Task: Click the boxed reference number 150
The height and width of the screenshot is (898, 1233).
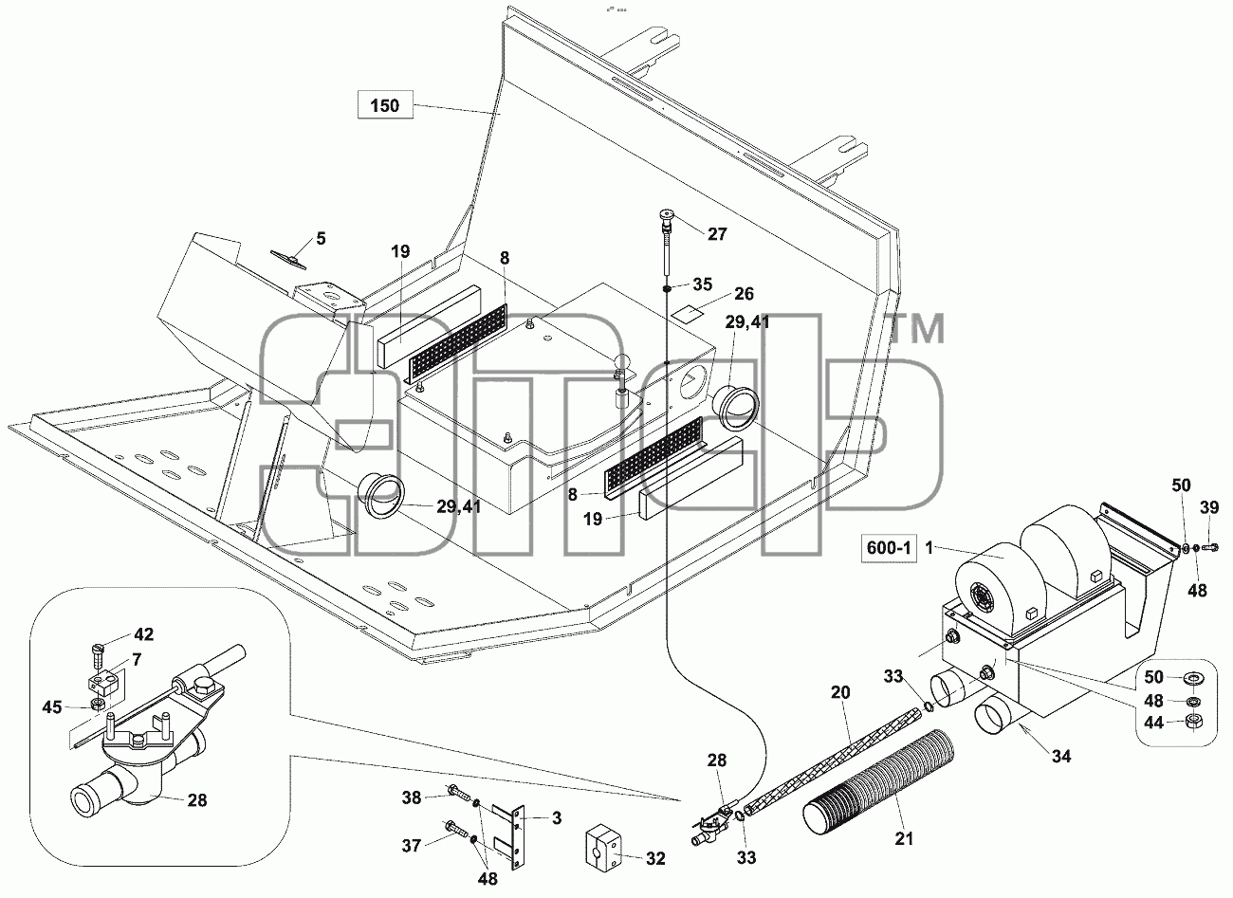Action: click(x=385, y=105)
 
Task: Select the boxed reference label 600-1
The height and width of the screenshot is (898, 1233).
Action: click(x=889, y=548)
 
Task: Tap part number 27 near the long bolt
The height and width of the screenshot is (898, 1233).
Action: click(x=717, y=234)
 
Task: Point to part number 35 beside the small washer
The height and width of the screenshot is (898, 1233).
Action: click(x=703, y=284)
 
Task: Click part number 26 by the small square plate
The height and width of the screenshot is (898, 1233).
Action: click(x=744, y=294)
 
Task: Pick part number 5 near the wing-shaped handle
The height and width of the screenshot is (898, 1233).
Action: click(x=321, y=238)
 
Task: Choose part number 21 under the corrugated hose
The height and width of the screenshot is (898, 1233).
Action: click(x=904, y=838)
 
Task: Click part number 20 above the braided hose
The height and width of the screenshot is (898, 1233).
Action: click(x=840, y=692)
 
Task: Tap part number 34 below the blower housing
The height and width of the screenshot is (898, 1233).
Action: click(x=1061, y=757)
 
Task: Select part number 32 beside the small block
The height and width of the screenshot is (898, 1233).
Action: click(x=655, y=858)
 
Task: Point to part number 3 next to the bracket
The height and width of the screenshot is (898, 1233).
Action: click(x=557, y=818)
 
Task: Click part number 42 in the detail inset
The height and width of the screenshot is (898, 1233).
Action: click(x=143, y=634)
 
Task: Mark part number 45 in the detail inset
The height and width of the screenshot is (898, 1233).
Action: click(x=52, y=707)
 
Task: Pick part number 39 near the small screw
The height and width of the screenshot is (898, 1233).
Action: click(x=1209, y=507)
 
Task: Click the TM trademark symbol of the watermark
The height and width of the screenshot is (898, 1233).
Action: click(x=916, y=328)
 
